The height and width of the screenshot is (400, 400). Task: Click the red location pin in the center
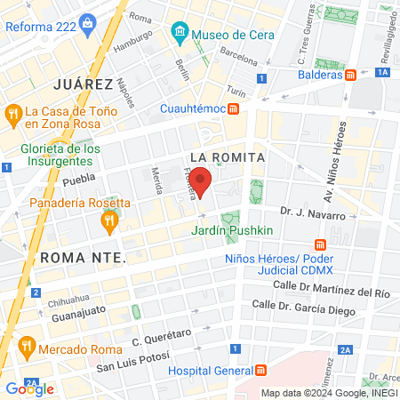point(201,181)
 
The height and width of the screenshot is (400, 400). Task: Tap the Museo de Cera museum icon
point(180,35)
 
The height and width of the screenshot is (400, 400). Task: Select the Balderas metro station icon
point(351,75)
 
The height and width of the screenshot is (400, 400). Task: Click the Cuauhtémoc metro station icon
point(233,109)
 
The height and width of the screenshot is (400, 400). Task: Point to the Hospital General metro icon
point(261,370)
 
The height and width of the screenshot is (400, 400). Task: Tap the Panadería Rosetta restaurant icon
point(109,221)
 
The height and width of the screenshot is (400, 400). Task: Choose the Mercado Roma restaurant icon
point(27,344)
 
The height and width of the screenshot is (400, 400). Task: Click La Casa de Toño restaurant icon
point(13,113)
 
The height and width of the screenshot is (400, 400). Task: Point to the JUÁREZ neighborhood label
point(83,84)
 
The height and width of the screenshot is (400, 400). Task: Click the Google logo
point(29,388)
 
